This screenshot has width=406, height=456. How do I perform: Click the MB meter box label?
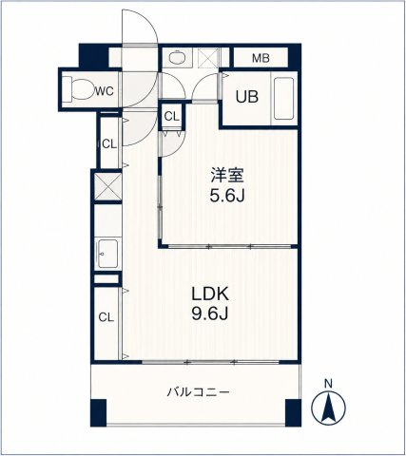point(261,58)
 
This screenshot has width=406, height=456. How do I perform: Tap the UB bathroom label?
point(246,97)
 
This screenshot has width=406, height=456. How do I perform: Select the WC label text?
point(105,91)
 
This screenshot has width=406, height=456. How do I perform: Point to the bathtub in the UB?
point(283,99)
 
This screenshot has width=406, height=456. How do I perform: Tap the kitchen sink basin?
point(107,254)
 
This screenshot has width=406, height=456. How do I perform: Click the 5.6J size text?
point(227,196)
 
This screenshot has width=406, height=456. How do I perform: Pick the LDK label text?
point(209,294)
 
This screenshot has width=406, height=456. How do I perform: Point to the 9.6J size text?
point(209,314)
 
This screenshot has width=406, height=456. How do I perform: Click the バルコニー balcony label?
point(198,392)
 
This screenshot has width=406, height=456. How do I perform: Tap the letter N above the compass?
point(328,385)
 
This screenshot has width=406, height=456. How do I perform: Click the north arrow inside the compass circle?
point(328,408)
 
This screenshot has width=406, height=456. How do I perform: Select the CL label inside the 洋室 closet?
point(171,117)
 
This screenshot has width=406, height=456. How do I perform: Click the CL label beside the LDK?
point(106,317)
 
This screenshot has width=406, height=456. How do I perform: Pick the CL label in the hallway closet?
point(109,144)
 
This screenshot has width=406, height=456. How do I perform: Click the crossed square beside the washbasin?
point(208,58)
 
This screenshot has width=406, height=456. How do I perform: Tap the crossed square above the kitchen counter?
point(107,186)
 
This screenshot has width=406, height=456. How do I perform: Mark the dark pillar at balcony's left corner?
point(98,412)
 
